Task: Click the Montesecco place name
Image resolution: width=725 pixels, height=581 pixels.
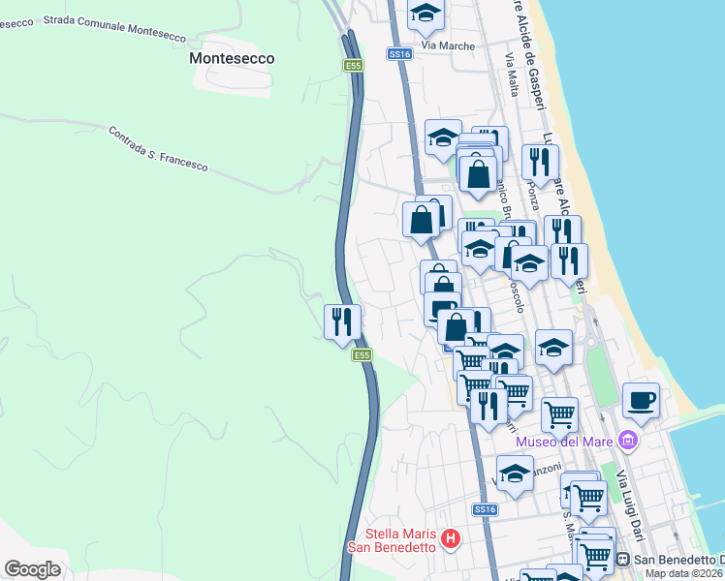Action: coord(232,58)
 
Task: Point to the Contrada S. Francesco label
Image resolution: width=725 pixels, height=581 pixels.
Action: coord(157,149)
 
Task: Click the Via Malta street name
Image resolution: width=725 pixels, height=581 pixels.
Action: coord(511,73)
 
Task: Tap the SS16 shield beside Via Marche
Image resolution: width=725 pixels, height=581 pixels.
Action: coord(400,54)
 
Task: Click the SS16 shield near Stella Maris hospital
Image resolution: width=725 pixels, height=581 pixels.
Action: coord(486,509)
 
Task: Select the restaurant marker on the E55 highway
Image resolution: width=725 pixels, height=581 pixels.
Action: coord(342,321)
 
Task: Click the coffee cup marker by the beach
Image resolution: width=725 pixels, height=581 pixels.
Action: coord(641,399)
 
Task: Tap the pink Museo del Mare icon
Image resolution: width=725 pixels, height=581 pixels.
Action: coord(629,442)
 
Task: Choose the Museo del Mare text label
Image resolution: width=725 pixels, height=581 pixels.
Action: coord(567,443)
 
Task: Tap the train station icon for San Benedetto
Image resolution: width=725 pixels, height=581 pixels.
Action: coord(623,560)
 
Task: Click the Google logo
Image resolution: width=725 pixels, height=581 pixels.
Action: coord(32,569)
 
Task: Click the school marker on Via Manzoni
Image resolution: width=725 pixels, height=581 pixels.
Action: coord(516,473)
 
